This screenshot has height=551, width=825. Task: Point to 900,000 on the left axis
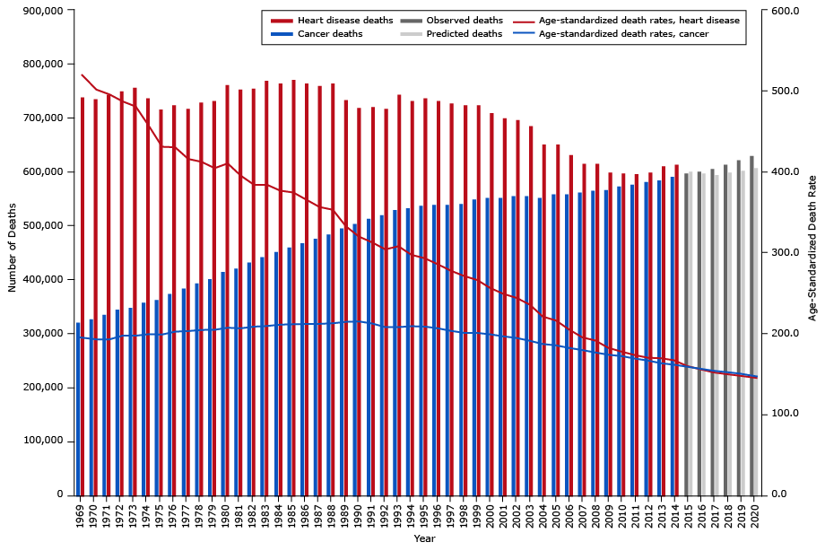pos(39,11)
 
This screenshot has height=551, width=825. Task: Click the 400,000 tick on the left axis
pos(39,280)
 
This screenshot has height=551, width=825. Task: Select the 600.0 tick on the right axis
pos(781,11)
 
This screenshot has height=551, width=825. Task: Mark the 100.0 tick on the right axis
pos(781,414)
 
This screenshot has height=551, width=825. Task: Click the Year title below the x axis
pos(424,538)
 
